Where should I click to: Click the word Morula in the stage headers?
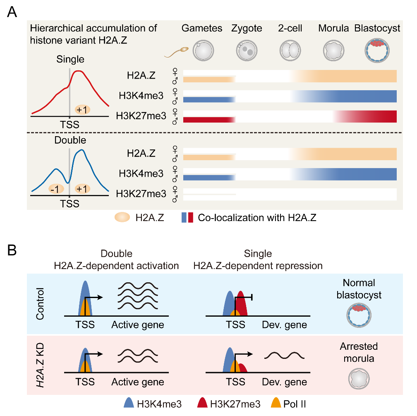333,29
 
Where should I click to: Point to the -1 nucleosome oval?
55,189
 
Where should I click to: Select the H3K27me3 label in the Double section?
141,194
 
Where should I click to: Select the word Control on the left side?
40,304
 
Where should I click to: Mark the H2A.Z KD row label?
40,364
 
